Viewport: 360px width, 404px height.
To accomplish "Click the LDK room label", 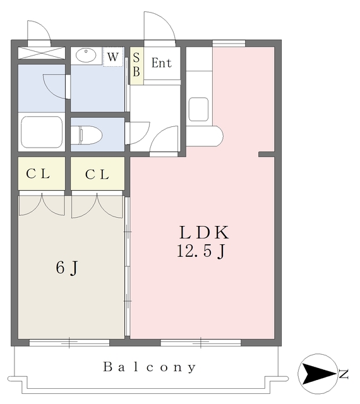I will [x=202, y=232].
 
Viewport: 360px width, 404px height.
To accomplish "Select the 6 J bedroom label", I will [x=67, y=267].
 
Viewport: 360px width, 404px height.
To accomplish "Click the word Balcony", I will [x=150, y=367].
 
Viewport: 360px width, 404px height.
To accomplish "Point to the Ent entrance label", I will [x=162, y=63].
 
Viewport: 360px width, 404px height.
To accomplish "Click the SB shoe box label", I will [x=136, y=64].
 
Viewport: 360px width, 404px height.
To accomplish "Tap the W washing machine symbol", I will [x=112, y=57].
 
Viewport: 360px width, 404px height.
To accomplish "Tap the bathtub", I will [x=42, y=131].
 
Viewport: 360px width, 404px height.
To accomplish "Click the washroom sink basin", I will [x=87, y=56].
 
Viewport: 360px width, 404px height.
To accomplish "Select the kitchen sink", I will [x=198, y=108].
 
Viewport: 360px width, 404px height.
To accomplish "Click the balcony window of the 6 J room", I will [x=70, y=343].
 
